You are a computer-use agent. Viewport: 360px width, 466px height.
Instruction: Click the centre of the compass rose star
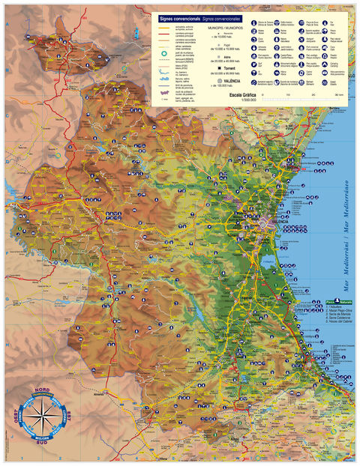[42, 421]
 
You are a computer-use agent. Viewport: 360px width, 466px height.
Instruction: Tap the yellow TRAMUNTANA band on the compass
[42, 399]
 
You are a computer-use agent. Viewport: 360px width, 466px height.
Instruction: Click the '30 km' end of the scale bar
[339, 96]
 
